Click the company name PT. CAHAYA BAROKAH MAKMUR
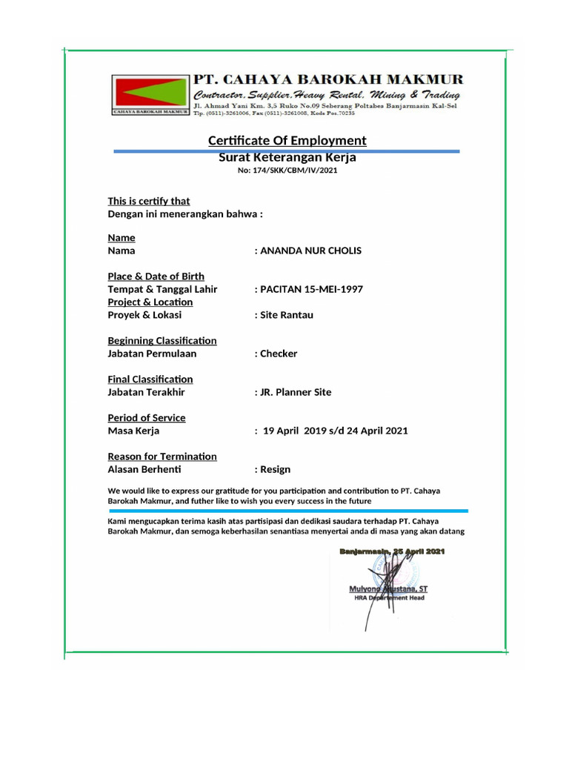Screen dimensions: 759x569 (327, 79)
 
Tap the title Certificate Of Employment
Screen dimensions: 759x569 (287, 141)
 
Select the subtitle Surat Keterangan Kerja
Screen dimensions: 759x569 (287, 157)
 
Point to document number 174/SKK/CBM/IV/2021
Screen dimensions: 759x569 (287, 170)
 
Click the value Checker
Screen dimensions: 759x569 (278, 354)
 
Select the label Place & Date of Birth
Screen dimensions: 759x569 (156, 276)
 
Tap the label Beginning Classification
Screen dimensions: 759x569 (162, 341)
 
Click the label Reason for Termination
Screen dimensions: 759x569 (162, 457)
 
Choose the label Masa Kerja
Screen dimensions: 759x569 (133, 431)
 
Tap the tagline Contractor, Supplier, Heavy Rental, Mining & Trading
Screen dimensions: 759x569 (326, 96)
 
